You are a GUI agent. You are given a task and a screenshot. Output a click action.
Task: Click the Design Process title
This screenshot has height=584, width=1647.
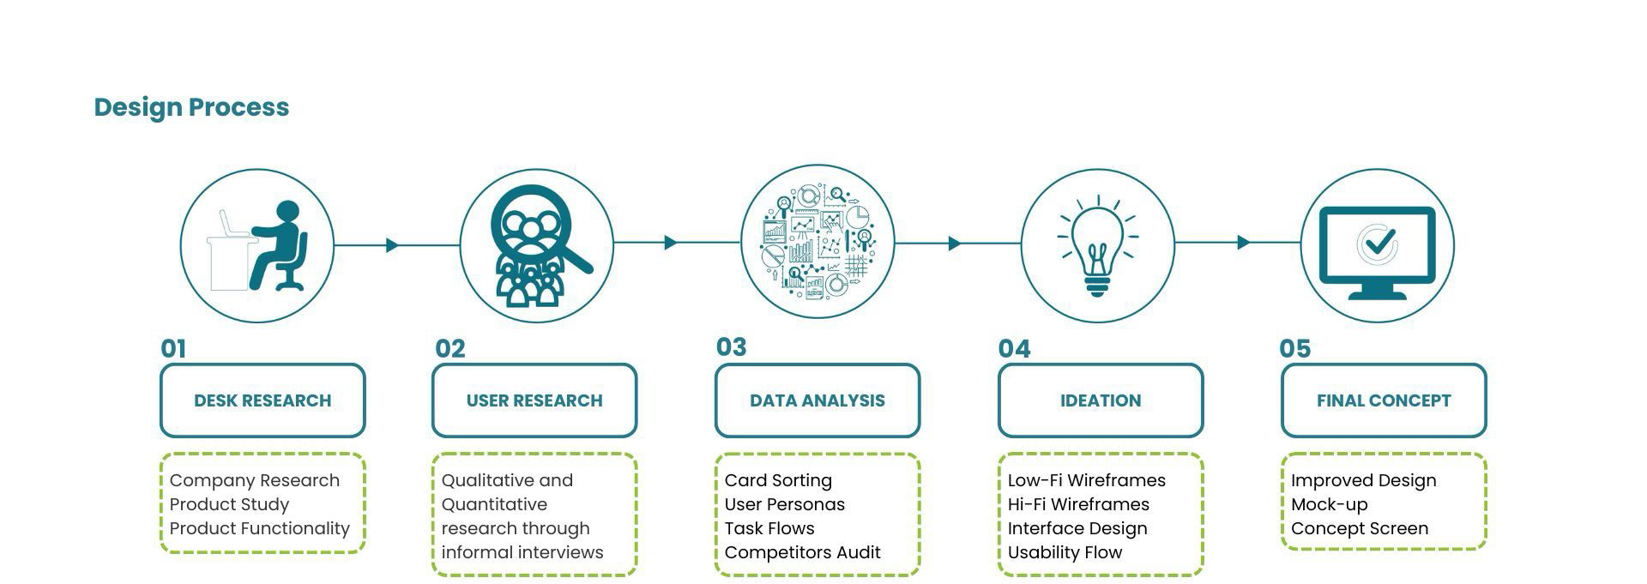point(191,107)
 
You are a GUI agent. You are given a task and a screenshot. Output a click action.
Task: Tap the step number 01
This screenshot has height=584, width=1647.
point(173,348)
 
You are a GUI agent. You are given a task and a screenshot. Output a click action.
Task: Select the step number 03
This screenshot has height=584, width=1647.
point(732,346)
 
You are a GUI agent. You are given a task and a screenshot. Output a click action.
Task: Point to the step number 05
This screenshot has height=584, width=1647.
point(1294,348)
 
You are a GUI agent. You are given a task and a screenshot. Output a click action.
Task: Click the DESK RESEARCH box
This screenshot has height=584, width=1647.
point(262,400)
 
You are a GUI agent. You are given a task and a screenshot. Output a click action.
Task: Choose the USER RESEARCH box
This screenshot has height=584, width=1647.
point(534,400)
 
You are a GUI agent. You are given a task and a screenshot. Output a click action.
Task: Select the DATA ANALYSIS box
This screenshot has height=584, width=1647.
point(817,400)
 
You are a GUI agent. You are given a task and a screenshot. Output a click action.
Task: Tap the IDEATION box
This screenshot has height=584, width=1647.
point(1101,400)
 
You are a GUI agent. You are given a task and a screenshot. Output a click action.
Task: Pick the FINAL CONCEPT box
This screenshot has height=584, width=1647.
point(1384,400)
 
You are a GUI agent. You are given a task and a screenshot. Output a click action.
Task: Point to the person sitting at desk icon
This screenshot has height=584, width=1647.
point(257,246)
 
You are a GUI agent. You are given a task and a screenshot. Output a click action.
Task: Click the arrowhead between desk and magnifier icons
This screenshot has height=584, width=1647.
point(392,245)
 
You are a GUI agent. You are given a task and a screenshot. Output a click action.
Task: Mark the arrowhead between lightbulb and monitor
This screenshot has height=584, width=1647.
point(1243,243)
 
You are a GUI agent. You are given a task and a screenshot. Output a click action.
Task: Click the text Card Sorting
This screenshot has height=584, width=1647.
point(778,480)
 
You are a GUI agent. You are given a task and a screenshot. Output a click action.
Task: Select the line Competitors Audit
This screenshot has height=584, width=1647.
point(802,552)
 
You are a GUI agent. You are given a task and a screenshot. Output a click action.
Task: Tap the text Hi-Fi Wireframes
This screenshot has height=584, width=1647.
point(1078,504)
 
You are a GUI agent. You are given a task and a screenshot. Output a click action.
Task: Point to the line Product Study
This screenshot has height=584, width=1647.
point(229,504)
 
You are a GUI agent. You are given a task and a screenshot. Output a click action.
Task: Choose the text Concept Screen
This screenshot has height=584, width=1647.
point(1360,528)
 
